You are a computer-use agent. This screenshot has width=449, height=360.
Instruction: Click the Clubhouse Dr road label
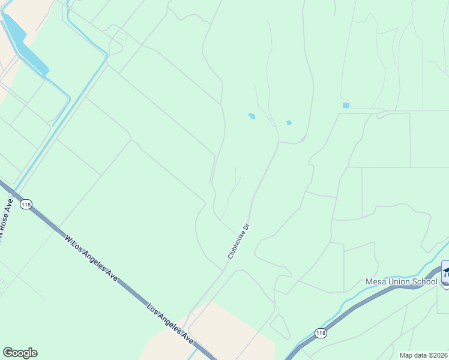click(x=238, y=241)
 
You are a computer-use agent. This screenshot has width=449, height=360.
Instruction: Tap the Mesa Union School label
click(x=402, y=281)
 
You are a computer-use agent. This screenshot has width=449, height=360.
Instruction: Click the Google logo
click(x=20, y=353)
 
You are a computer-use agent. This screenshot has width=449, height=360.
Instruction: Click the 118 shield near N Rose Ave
click(x=25, y=205)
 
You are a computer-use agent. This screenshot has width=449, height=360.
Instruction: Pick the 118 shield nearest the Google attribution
click(x=321, y=333)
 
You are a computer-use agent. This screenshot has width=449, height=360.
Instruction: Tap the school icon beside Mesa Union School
click(x=445, y=273)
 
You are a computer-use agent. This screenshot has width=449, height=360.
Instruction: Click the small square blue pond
click(x=345, y=106)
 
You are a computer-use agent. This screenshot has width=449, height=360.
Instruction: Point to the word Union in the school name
click(x=399, y=281)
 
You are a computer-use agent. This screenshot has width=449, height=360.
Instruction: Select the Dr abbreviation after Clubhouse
click(x=246, y=228)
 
